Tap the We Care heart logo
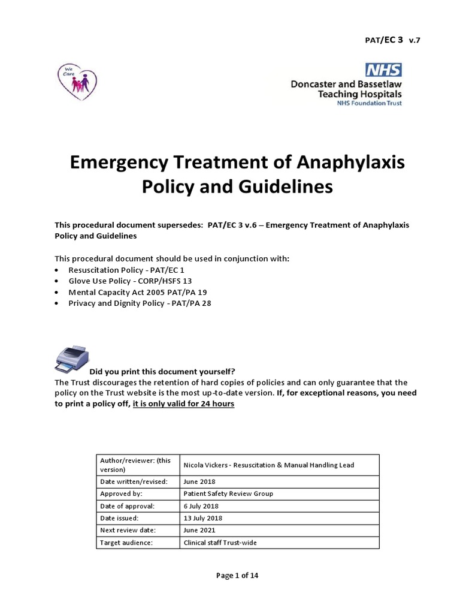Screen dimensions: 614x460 [x=77, y=80]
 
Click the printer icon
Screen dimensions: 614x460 [x=71, y=359]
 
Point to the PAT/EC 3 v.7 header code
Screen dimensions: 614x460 [x=389, y=40]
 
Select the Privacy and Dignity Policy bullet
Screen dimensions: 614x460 [x=140, y=303]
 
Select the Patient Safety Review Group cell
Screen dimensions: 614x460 [x=228, y=493]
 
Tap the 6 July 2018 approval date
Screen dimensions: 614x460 [x=202, y=506]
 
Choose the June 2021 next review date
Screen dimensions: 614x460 [x=199, y=531]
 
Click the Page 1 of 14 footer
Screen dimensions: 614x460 [x=237, y=576]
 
